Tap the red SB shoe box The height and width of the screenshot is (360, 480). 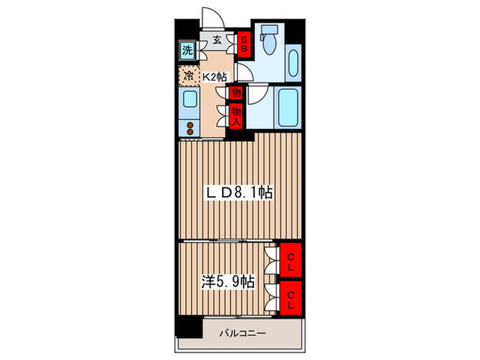[x=243, y=45]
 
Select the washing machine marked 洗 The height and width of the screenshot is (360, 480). [x=187, y=50]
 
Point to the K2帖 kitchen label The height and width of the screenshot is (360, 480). [x=214, y=77]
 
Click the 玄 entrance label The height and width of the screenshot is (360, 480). [x=217, y=40]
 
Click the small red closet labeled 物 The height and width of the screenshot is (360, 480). [x=236, y=93]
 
